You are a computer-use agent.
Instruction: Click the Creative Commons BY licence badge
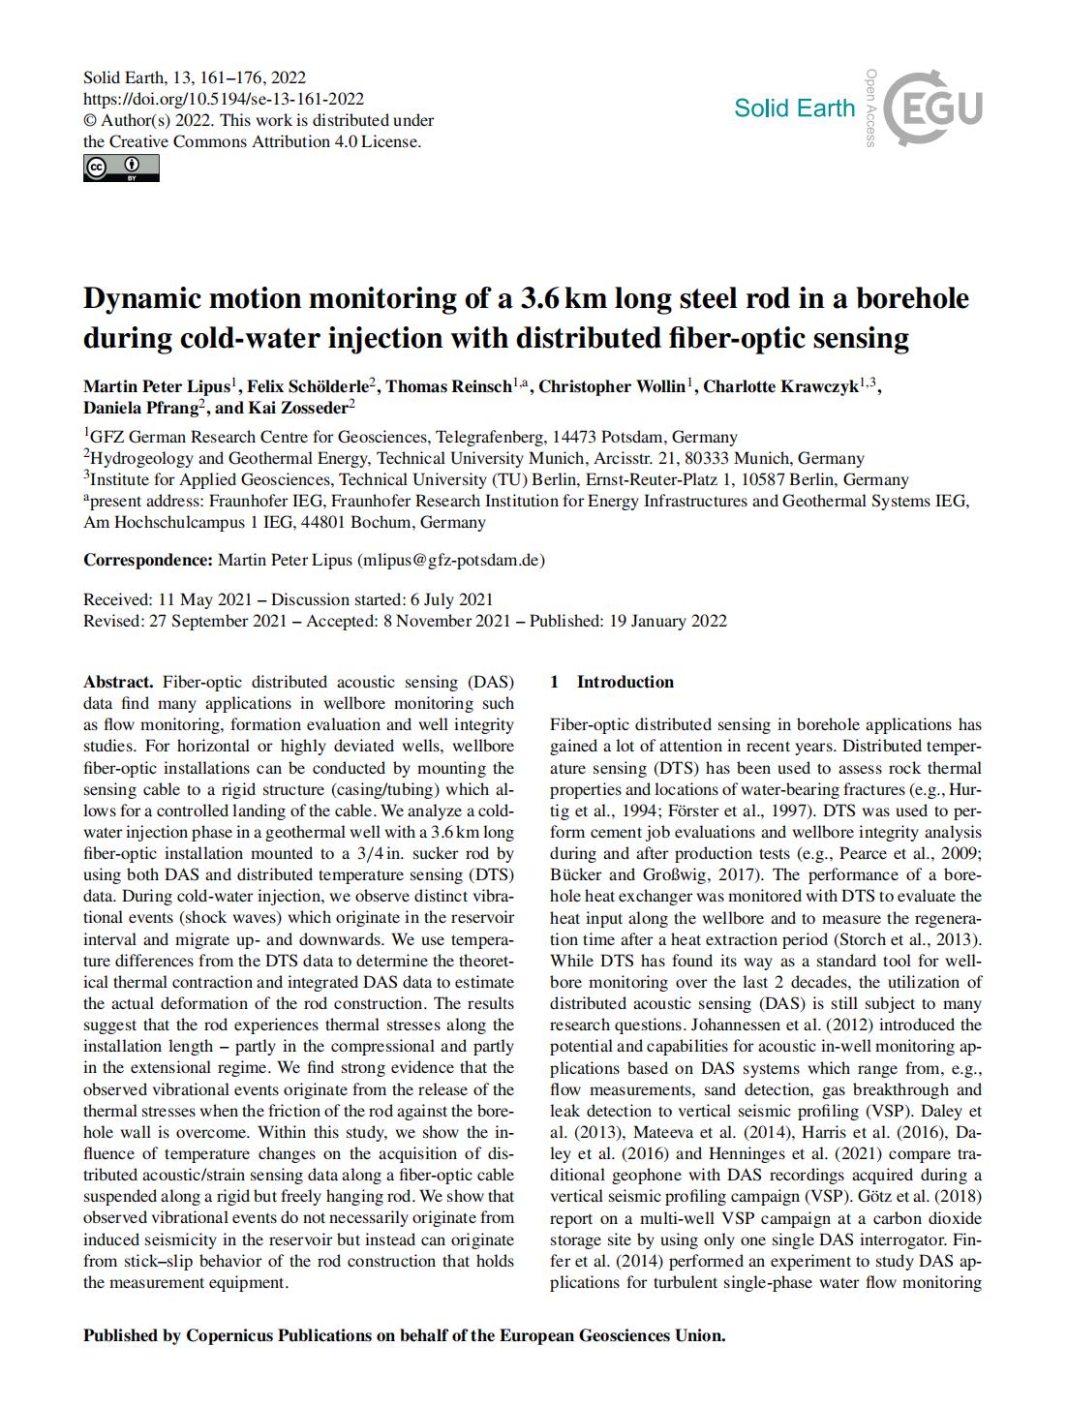pyautogui.click(x=121, y=168)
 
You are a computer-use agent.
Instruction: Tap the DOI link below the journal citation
pyautogui.click(x=224, y=99)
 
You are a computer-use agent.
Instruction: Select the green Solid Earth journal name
pyautogui.click(x=794, y=107)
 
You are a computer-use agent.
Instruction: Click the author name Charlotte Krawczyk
pyautogui.click(x=779, y=387)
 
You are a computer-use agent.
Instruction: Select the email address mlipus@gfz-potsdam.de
pyautogui.click(x=451, y=560)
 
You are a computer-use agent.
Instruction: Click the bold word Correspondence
pyautogui.click(x=147, y=560)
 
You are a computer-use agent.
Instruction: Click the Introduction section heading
pyautogui.click(x=625, y=682)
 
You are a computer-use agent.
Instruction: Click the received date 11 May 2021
pyautogui.click(x=199, y=599)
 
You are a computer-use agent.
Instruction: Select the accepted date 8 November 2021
pyautogui.click(x=446, y=621)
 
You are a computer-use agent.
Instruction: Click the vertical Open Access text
pyautogui.click(x=871, y=107)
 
